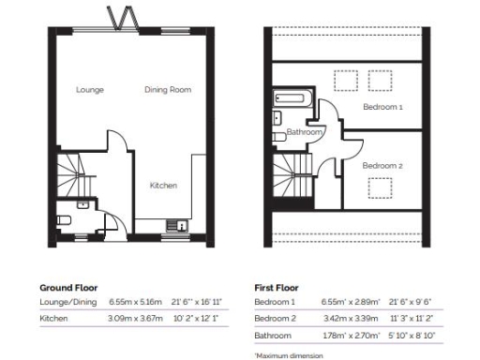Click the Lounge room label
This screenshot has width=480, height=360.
(90, 90)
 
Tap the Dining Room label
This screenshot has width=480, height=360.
(168, 90)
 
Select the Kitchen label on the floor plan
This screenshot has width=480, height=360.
(163, 186)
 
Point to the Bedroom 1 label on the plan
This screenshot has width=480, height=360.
(382, 108)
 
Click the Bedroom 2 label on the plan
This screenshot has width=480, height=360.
(382, 166)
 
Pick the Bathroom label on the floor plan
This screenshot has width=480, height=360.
(305, 132)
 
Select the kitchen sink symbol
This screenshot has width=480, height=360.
(174, 225)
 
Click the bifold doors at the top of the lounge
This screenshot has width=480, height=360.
(123, 19)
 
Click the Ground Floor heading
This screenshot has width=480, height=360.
(67, 287)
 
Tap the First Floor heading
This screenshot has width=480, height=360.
(280, 287)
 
